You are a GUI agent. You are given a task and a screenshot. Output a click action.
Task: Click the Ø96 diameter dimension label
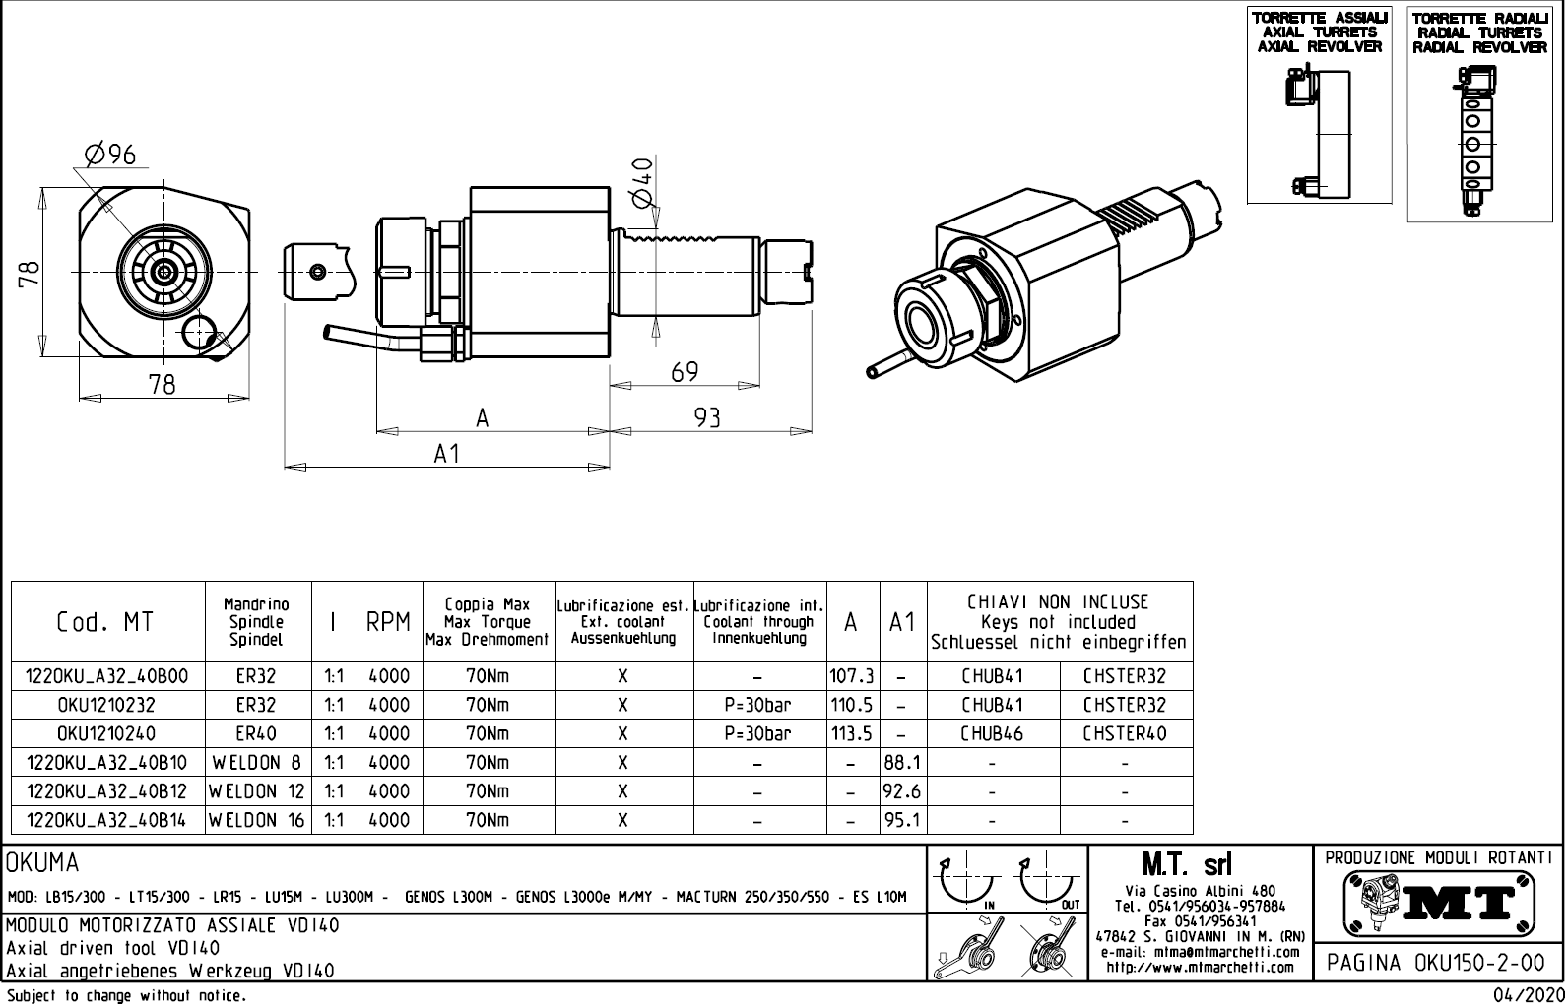coord(109,155)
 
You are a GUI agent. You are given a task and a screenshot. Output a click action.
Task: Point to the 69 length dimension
coord(685,372)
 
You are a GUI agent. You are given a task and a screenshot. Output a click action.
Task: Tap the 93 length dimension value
coord(707,418)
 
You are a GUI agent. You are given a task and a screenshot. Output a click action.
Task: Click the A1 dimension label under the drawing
coord(447,454)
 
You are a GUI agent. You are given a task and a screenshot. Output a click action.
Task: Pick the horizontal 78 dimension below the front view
coord(162,385)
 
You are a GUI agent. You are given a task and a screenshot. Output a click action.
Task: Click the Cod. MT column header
coord(105,622)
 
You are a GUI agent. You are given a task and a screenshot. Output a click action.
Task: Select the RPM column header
coord(388,622)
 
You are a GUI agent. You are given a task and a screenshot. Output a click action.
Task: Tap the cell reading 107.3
coord(852,677)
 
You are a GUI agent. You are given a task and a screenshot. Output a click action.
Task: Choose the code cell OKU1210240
coord(106,734)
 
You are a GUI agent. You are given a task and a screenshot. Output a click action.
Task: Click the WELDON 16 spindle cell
coord(257,820)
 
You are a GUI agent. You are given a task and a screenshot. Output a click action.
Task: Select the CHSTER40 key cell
coord(1124,734)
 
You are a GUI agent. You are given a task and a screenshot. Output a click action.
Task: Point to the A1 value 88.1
coord(902,763)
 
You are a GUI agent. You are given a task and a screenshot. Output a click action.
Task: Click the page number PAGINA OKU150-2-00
coord(1438,962)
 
